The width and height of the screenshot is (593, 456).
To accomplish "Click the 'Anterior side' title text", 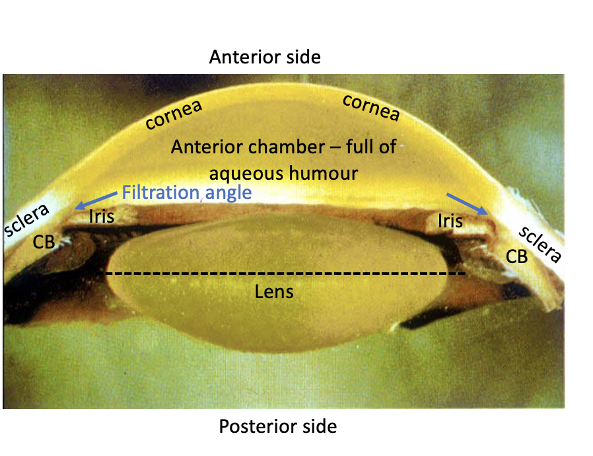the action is point(265,57).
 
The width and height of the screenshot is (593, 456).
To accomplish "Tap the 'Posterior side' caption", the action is point(277,426).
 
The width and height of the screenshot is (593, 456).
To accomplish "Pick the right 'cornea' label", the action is point(371,108).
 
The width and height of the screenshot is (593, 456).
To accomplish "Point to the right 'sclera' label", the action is point(540,245).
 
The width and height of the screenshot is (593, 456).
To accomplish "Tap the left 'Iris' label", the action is point(101,215).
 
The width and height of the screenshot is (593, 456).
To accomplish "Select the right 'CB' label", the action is point(516,256).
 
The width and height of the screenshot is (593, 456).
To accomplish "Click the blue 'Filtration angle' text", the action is point(187,193).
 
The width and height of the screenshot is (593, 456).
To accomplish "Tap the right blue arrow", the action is point(468,204).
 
